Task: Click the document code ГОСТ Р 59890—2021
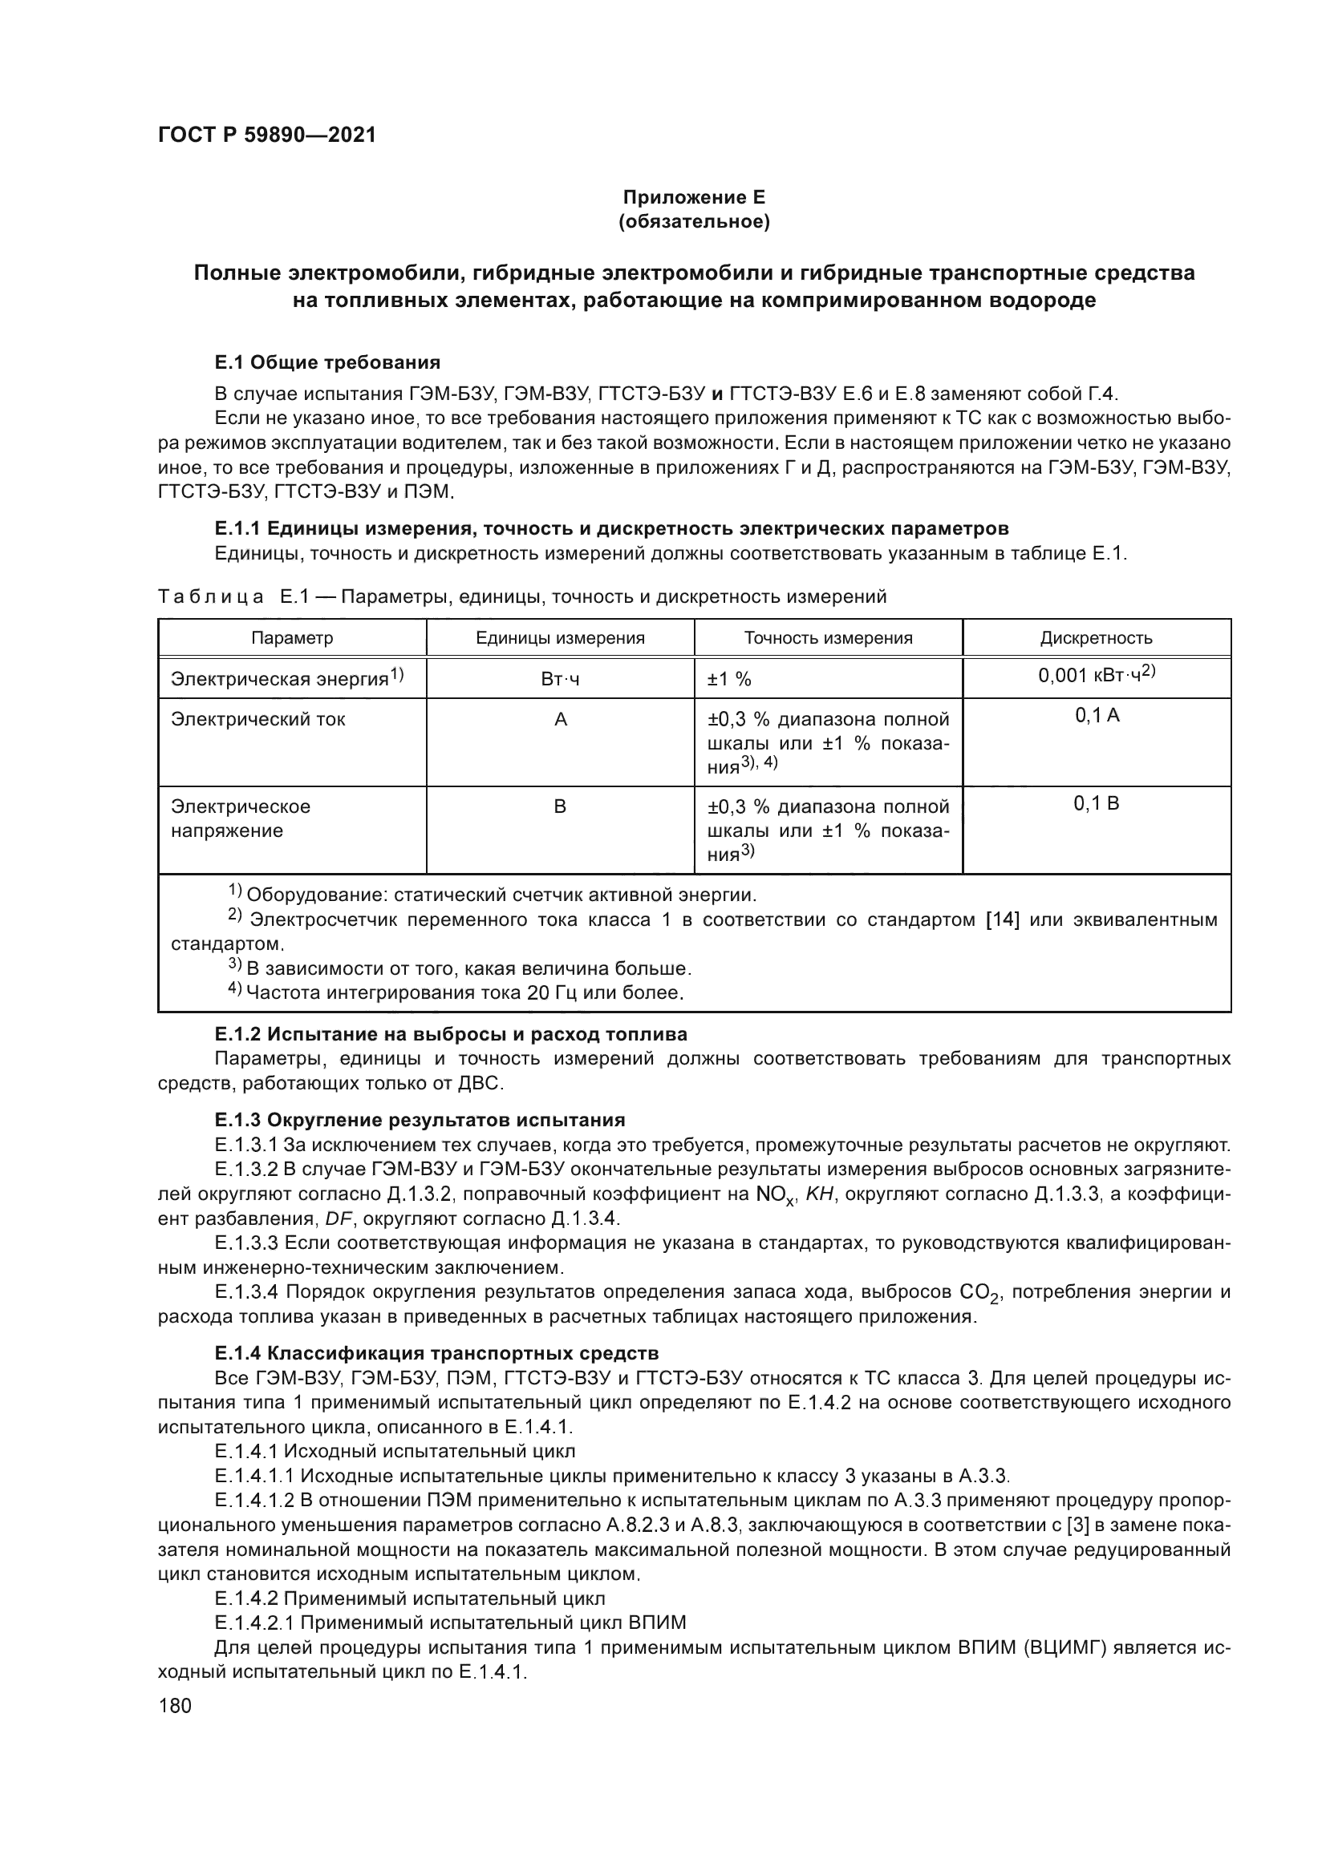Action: (266, 135)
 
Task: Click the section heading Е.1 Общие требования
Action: (326, 362)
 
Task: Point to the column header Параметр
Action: (292, 638)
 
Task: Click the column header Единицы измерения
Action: (560, 638)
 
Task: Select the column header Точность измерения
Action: (828, 638)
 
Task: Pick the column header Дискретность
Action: (1096, 638)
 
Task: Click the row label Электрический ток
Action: (258, 719)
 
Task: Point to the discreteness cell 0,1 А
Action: (1097, 716)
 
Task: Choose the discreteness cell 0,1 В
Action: (1097, 803)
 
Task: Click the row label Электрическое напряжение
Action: (240, 818)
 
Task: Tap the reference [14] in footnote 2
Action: (1004, 919)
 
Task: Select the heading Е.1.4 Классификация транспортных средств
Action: (436, 1354)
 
